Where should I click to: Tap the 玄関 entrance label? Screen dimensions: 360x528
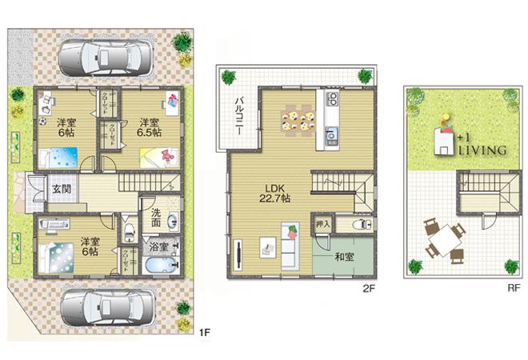[x=61, y=190]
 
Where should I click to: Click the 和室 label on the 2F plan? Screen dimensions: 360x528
[x=345, y=258]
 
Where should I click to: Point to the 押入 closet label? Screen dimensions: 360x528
[x=322, y=226]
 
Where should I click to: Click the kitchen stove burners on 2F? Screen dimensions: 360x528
[x=332, y=101]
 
